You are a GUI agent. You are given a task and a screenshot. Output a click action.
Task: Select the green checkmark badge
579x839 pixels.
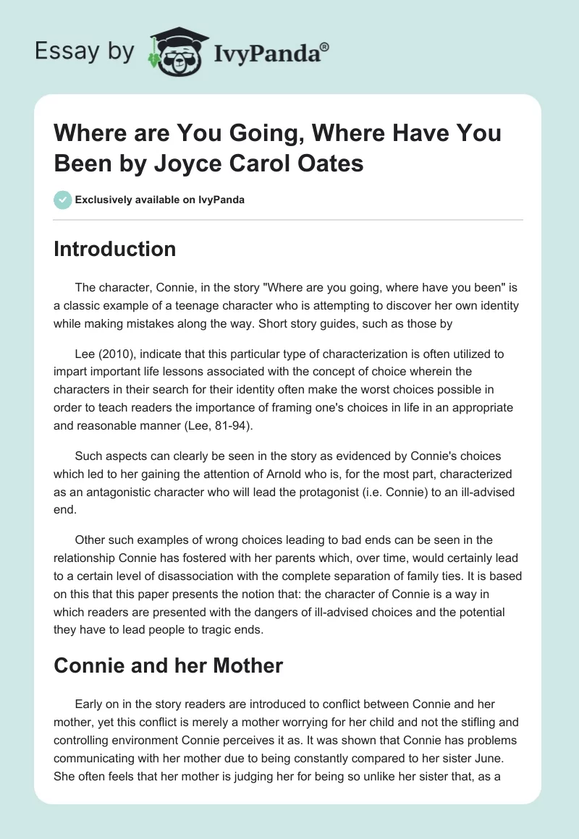[62, 200]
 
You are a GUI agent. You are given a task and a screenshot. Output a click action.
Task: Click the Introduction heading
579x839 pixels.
[115, 249]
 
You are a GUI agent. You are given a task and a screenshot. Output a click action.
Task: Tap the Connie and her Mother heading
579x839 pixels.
[168, 665]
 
